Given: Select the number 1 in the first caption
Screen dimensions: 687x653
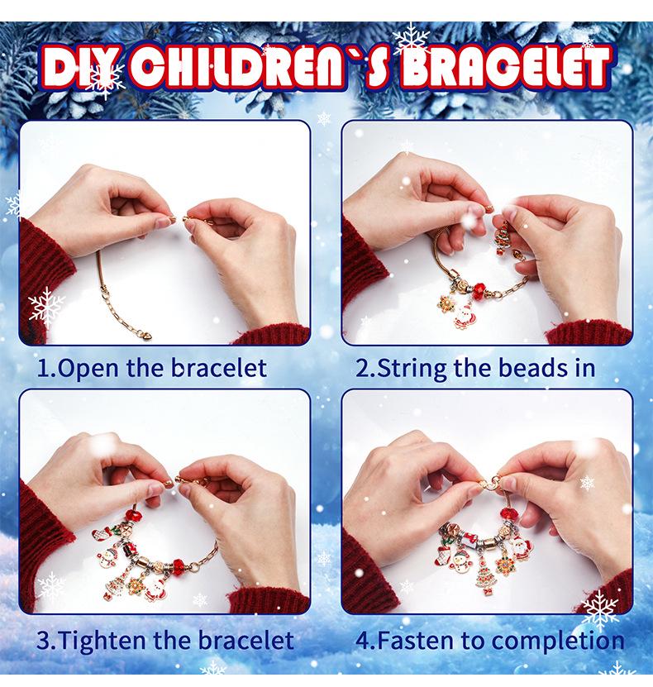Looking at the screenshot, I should [x=44, y=368].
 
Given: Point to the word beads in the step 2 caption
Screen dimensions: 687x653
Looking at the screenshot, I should [x=527, y=368].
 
